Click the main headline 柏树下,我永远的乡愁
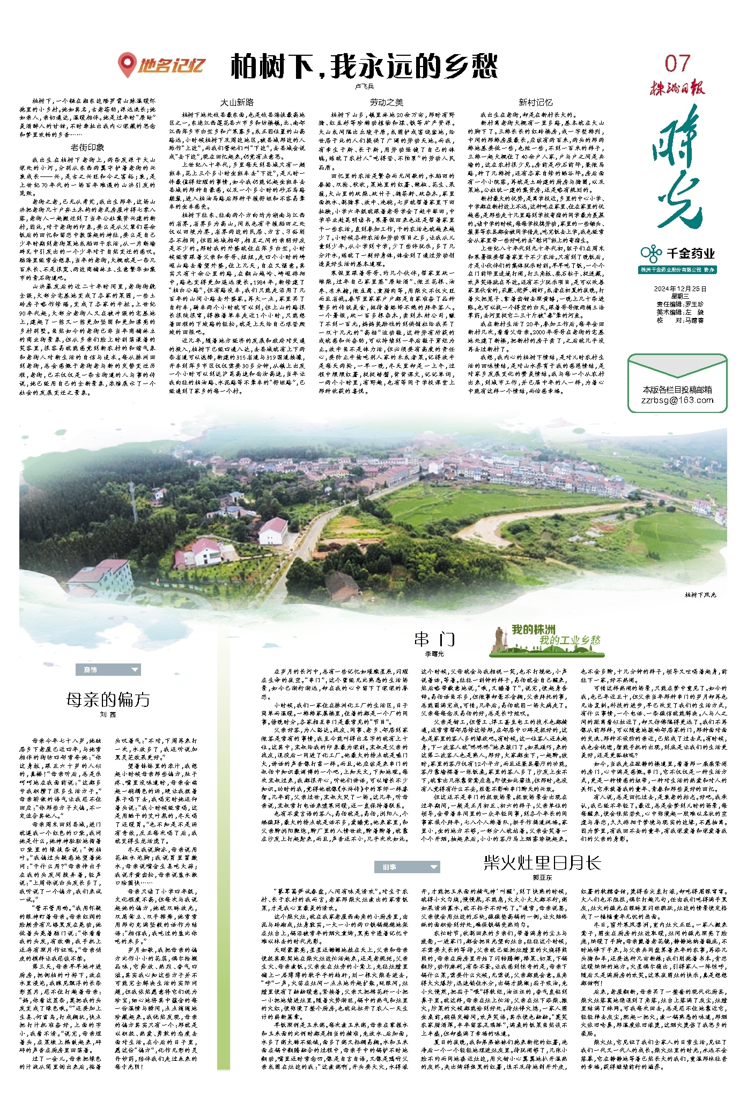pos(364,67)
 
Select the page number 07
pos(677,63)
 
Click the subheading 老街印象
pos(87,147)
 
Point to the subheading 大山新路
pos(237,102)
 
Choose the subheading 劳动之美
pos(386,102)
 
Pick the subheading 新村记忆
pos(535,102)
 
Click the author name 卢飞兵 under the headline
pos(364,86)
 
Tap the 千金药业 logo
pos(677,253)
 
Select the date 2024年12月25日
pos(680,289)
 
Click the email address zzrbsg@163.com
pos(677,400)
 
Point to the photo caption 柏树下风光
pos(700,595)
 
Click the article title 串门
pos(434,639)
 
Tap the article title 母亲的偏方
pos(108,699)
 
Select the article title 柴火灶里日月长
pos(542,862)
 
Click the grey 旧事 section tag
pos(390,867)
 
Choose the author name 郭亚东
pos(542,877)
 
